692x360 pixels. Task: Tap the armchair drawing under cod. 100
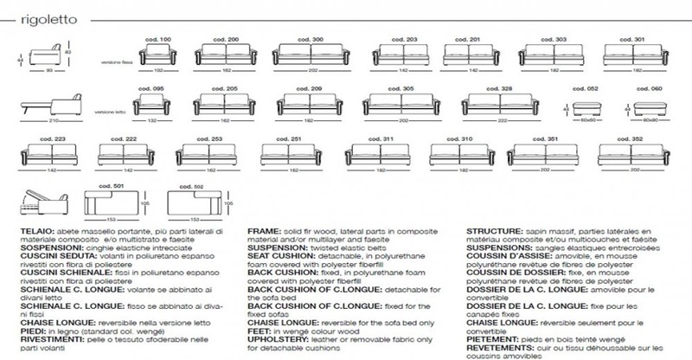[159, 55]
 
